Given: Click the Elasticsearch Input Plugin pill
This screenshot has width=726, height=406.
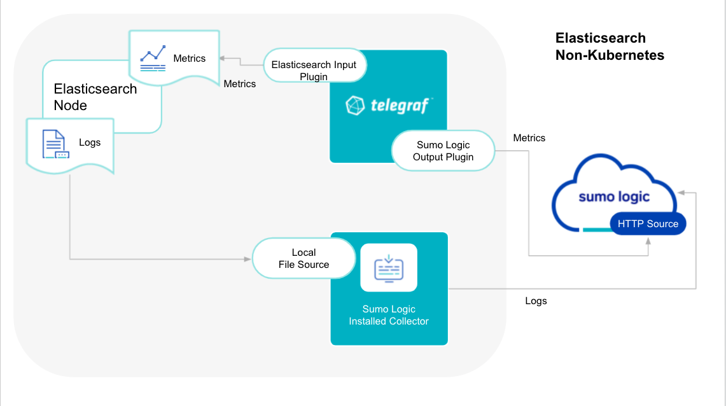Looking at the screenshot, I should pyautogui.click(x=314, y=65).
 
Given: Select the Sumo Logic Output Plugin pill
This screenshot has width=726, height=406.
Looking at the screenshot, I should pyautogui.click(x=443, y=151).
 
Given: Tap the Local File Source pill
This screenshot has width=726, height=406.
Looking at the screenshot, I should pyautogui.click(x=304, y=258).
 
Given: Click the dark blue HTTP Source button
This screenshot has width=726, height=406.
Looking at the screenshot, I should pyautogui.click(x=648, y=223).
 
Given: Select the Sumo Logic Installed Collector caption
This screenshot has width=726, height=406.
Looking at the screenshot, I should pyautogui.click(x=389, y=315).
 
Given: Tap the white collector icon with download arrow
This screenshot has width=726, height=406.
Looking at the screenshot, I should pyautogui.click(x=389, y=267).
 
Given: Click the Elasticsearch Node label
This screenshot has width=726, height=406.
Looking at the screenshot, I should pyautogui.click(x=95, y=97).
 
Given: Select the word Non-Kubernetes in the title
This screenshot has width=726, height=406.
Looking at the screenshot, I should pyautogui.click(x=609, y=55).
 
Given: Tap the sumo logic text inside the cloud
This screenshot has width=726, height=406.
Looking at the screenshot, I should pyautogui.click(x=613, y=197).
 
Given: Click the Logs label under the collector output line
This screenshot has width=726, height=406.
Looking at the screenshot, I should pyautogui.click(x=536, y=300).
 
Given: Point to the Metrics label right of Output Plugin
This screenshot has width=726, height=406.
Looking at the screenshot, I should pyautogui.click(x=529, y=137).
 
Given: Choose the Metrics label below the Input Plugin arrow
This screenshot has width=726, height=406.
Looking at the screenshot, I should pyautogui.click(x=239, y=83).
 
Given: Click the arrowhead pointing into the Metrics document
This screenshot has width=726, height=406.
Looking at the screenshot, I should pyautogui.click(x=221, y=58).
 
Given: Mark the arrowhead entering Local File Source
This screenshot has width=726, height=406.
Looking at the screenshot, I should pyautogui.click(x=248, y=259).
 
